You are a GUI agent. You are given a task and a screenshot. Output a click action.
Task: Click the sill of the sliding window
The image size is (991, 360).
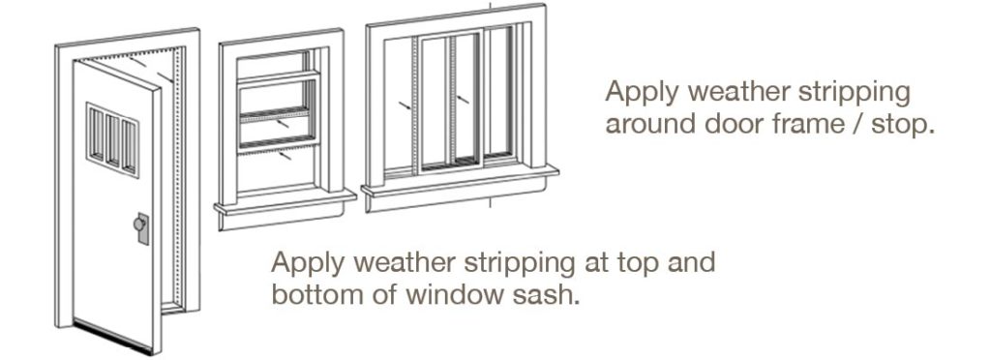click(461, 179)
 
